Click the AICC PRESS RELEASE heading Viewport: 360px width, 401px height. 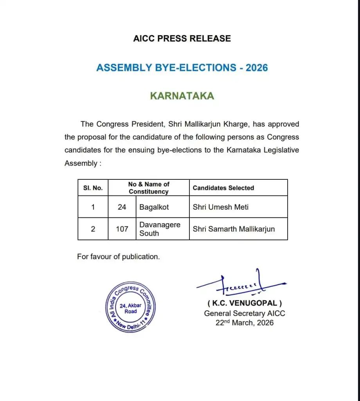click(x=182, y=38)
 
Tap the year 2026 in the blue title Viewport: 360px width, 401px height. click(x=257, y=67)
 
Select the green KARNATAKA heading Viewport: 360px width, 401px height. click(x=182, y=96)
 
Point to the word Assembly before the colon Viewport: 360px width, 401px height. click(x=80, y=163)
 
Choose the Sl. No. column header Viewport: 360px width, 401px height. click(x=93, y=188)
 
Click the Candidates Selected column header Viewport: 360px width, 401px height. click(x=223, y=188)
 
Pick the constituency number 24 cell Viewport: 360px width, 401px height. click(x=122, y=207)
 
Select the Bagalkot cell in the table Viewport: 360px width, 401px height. click(x=154, y=207)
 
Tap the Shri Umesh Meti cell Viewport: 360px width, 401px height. click(x=221, y=207)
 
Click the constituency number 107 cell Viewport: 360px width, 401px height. click(x=122, y=229)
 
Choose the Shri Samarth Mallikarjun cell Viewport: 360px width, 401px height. click(x=234, y=229)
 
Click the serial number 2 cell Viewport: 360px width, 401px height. click(x=93, y=229)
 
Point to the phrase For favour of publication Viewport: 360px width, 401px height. click(x=119, y=257)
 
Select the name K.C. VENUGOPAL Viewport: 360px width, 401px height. click(x=245, y=303)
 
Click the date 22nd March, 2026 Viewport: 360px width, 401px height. click(x=245, y=323)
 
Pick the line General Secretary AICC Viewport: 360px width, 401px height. click(x=245, y=313)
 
